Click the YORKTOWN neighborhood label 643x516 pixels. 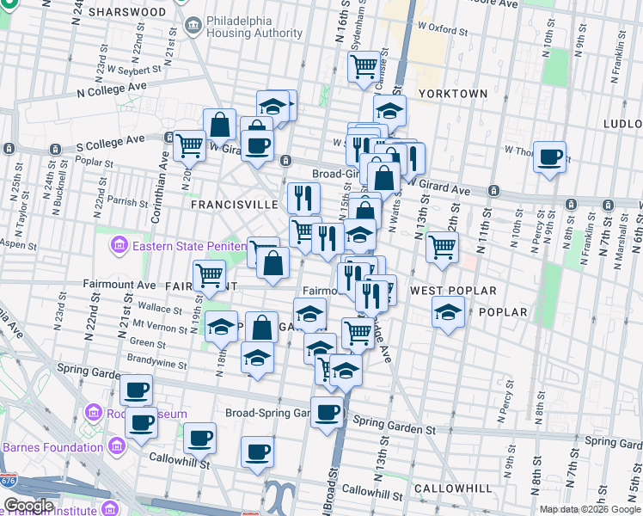[x=452, y=93]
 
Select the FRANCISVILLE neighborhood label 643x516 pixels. [x=233, y=205]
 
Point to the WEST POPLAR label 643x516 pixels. [x=442, y=291]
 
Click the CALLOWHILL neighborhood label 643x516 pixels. [x=453, y=488]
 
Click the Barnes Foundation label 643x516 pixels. [x=53, y=446]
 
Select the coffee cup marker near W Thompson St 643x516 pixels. [x=549, y=157]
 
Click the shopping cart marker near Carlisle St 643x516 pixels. [x=364, y=64]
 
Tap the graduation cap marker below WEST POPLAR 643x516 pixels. [x=448, y=311]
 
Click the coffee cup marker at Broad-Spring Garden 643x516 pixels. [x=327, y=412]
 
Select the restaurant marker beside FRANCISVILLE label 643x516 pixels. [x=303, y=198]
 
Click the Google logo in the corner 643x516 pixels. [x=28, y=506]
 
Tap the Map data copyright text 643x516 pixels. [x=590, y=509]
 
